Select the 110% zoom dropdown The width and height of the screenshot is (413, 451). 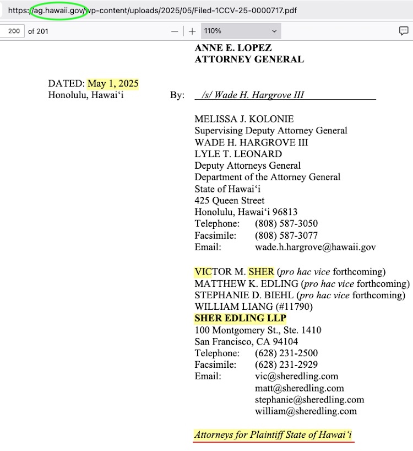pyautogui.click(x=240, y=31)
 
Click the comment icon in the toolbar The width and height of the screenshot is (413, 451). pyautogui.click(x=404, y=31)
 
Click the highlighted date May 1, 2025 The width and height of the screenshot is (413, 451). pyautogui.click(x=113, y=84)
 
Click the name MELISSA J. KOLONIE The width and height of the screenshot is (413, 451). pyautogui.click(x=244, y=119)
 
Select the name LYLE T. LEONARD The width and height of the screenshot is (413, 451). pyautogui.click(x=238, y=154)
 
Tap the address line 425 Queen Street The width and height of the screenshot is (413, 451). pyautogui.click(x=229, y=201)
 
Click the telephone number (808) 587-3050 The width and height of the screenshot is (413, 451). pyautogui.click(x=286, y=224)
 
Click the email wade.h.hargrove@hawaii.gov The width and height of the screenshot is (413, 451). pyautogui.click(x=315, y=247)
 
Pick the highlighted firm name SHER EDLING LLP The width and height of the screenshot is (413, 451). pyautogui.click(x=240, y=319)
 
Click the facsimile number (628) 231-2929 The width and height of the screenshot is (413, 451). pyautogui.click(x=286, y=365)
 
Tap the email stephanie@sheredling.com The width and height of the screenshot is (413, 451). pyautogui.click(x=309, y=399)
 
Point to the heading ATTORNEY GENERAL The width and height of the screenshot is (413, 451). pyautogui.click(x=249, y=60)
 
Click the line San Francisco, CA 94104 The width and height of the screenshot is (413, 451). pyautogui.click(x=246, y=342)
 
